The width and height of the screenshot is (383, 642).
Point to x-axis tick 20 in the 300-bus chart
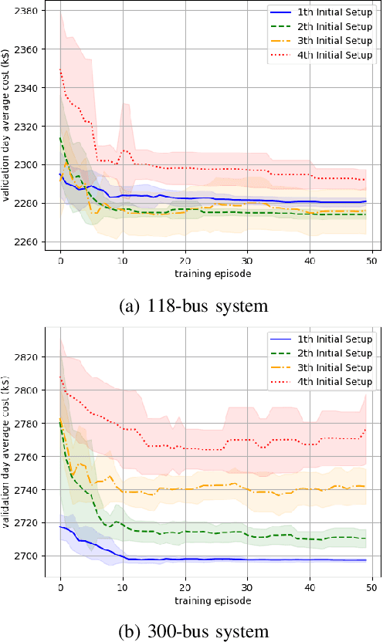point(185,587)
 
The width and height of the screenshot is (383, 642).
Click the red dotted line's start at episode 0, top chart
point(60,70)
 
